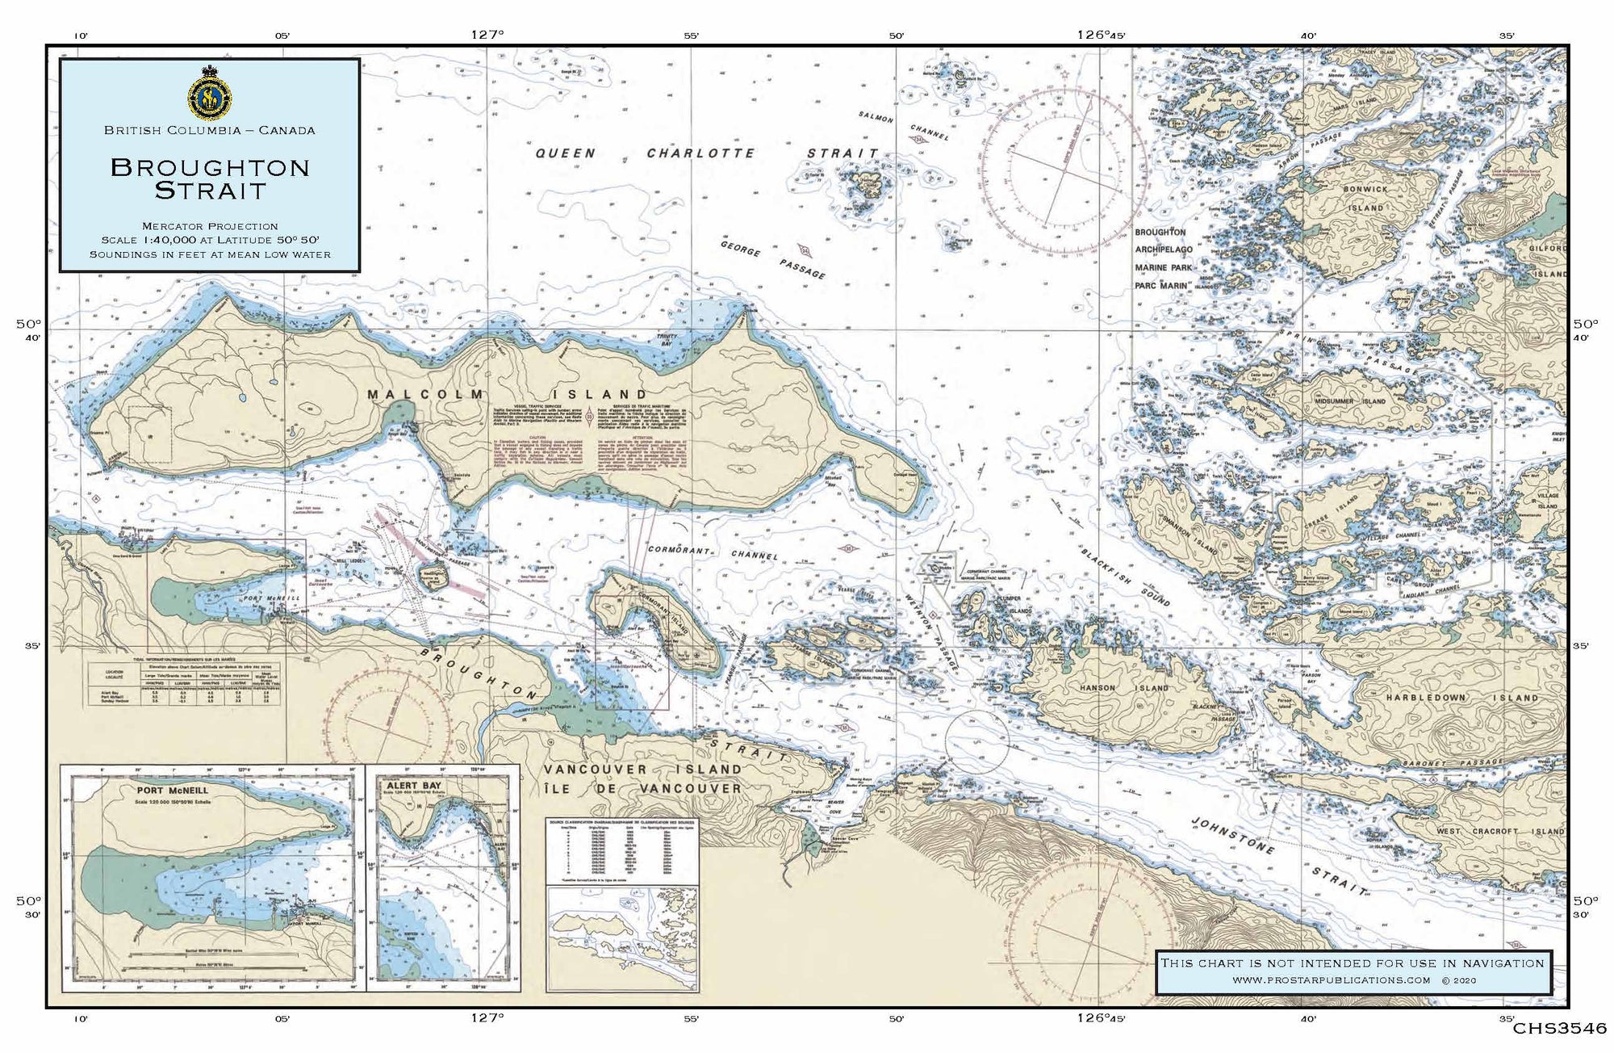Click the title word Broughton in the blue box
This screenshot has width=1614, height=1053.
[x=210, y=168]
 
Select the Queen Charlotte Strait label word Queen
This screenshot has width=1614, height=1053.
[x=567, y=153]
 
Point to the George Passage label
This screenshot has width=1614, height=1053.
[x=772, y=258]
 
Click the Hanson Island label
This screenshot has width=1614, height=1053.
[x=1124, y=689]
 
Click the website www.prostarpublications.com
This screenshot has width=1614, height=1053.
[x=1332, y=980]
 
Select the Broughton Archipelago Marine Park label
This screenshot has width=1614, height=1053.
[x=1162, y=258]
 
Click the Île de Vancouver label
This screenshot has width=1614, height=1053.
[x=642, y=788]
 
